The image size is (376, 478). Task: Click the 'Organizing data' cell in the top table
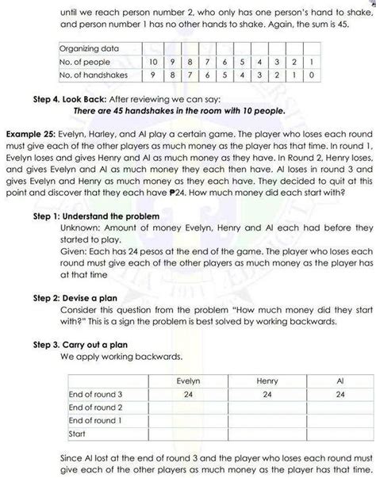pyautogui.click(x=89, y=48)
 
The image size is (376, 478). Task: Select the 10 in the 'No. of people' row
pyautogui.click(x=152, y=62)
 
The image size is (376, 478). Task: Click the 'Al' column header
pyautogui.click(x=340, y=359)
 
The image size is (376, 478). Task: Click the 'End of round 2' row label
pyautogui.click(x=95, y=385)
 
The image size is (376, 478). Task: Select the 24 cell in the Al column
pyautogui.click(x=340, y=372)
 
